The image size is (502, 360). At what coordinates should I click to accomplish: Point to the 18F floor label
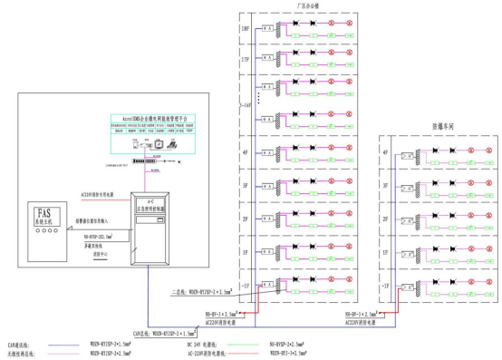[246, 28]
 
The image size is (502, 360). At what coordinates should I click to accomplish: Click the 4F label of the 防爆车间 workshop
[387, 151]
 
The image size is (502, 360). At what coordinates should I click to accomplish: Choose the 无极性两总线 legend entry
[21, 353]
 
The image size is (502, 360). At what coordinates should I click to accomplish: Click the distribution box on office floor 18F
[267, 28]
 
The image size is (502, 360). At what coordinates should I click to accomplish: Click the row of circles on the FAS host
[43, 230]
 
